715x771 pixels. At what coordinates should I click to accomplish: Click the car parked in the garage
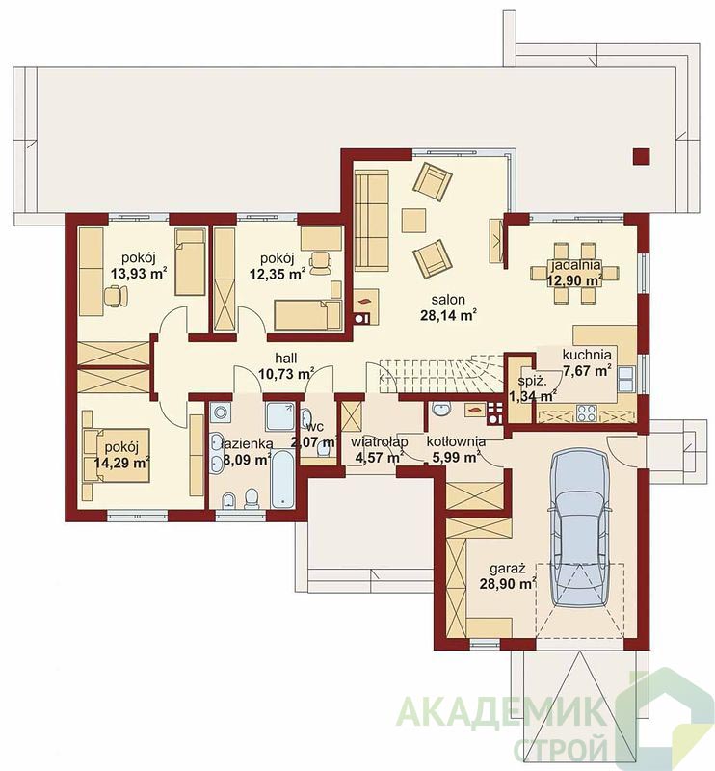coord(580,529)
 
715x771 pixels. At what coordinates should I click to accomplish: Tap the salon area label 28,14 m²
coord(448,315)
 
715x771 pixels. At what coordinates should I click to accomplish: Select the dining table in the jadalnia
coord(574,273)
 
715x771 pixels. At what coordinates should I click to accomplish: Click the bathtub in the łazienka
coord(282,478)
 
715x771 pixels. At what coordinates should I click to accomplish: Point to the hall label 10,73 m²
coord(286,374)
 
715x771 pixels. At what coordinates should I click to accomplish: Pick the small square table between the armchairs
coord(413,221)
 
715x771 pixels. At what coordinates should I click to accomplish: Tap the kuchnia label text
coord(587,355)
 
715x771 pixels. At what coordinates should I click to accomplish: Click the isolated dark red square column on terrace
coord(641,156)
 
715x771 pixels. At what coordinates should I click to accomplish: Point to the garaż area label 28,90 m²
coord(508,584)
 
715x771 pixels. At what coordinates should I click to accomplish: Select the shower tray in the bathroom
coord(279,416)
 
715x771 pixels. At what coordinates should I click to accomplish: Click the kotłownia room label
coord(456,441)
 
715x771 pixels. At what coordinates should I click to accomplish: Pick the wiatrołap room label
coord(379,441)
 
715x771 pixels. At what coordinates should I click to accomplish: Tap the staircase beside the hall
coord(440,376)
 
